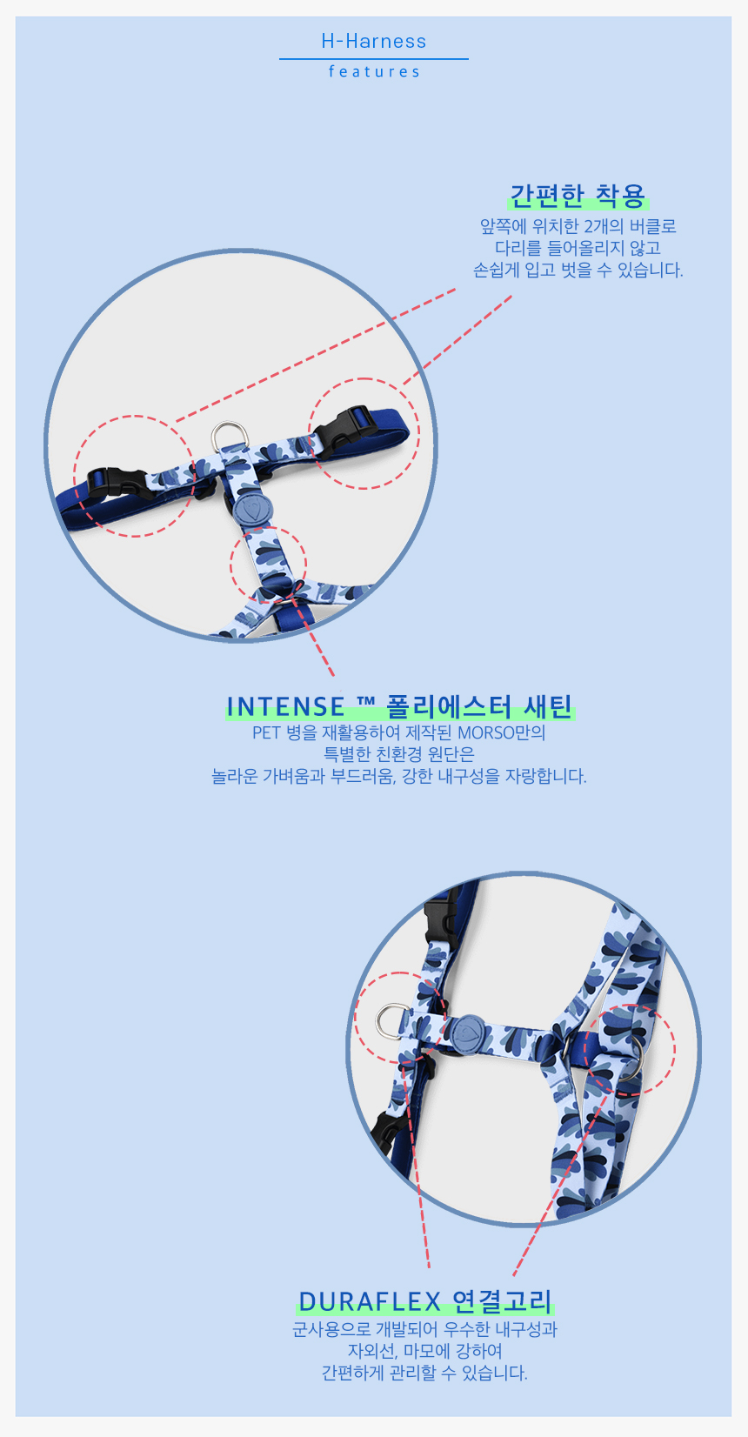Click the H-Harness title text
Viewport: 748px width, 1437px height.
(x=373, y=42)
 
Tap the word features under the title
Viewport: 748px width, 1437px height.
(x=375, y=72)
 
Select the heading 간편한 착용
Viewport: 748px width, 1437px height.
(x=578, y=196)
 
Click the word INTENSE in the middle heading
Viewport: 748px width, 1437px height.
(x=285, y=707)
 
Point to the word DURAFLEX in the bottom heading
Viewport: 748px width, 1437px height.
(x=370, y=1301)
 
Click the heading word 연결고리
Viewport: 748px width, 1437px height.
(x=503, y=1301)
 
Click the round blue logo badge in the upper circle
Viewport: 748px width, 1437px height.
(x=253, y=510)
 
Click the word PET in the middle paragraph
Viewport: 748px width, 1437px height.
(x=266, y=732)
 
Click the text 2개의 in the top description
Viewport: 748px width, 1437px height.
(x=603, y=226)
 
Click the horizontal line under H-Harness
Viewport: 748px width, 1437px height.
(x=374, y=59)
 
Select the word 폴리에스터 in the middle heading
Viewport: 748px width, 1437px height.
(x=449, y=707)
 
